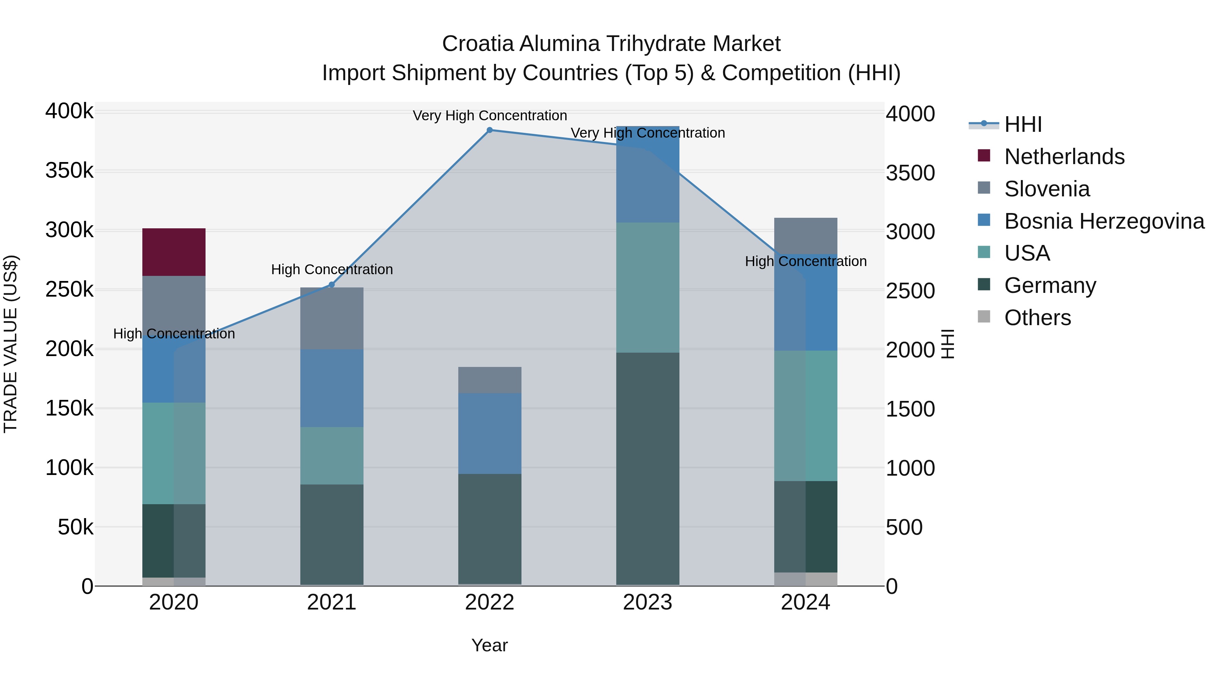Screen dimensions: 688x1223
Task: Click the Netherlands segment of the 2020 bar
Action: click(x=174, y=252)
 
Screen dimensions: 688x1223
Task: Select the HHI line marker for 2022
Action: click(x=490, y=130)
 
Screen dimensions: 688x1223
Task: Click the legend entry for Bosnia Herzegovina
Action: click(x=1104, y=221)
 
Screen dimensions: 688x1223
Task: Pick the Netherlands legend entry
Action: click(x=1064, y=157)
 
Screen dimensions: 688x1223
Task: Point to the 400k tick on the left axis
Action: click(x=69, y=111)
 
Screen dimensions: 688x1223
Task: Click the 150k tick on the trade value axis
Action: click(x=69, y=408)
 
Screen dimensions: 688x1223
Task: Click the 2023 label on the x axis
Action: click(x=648, y=602)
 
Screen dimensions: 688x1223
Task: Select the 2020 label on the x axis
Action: click(x=174, y=602)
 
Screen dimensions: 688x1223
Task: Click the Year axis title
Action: click(x=490, y=645)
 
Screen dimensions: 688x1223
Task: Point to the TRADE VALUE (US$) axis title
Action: click(x=11, y=344)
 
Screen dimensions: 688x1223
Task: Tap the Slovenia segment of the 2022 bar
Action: click(x=490, y=380)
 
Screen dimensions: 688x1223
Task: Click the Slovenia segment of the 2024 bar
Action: click(x=806, y=236)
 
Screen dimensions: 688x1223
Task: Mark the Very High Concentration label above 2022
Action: click(x=490, y=116)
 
